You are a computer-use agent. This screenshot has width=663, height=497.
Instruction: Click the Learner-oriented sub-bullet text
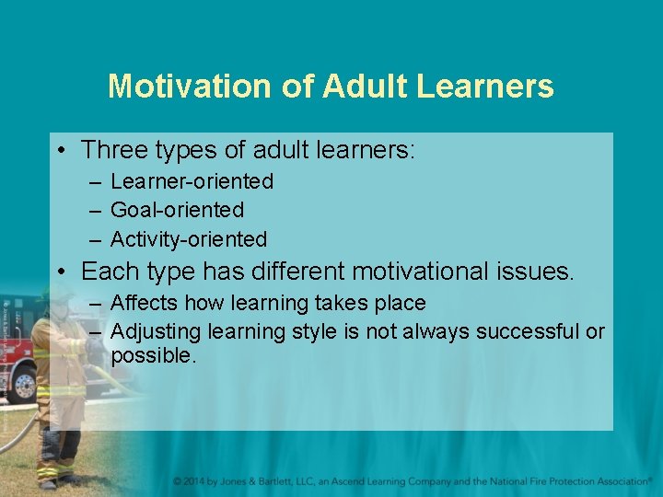192,182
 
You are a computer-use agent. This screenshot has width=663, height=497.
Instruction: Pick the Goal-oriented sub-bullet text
177,211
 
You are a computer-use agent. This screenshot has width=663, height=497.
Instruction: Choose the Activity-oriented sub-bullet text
189,239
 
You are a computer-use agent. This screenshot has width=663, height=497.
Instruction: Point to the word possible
154,355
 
